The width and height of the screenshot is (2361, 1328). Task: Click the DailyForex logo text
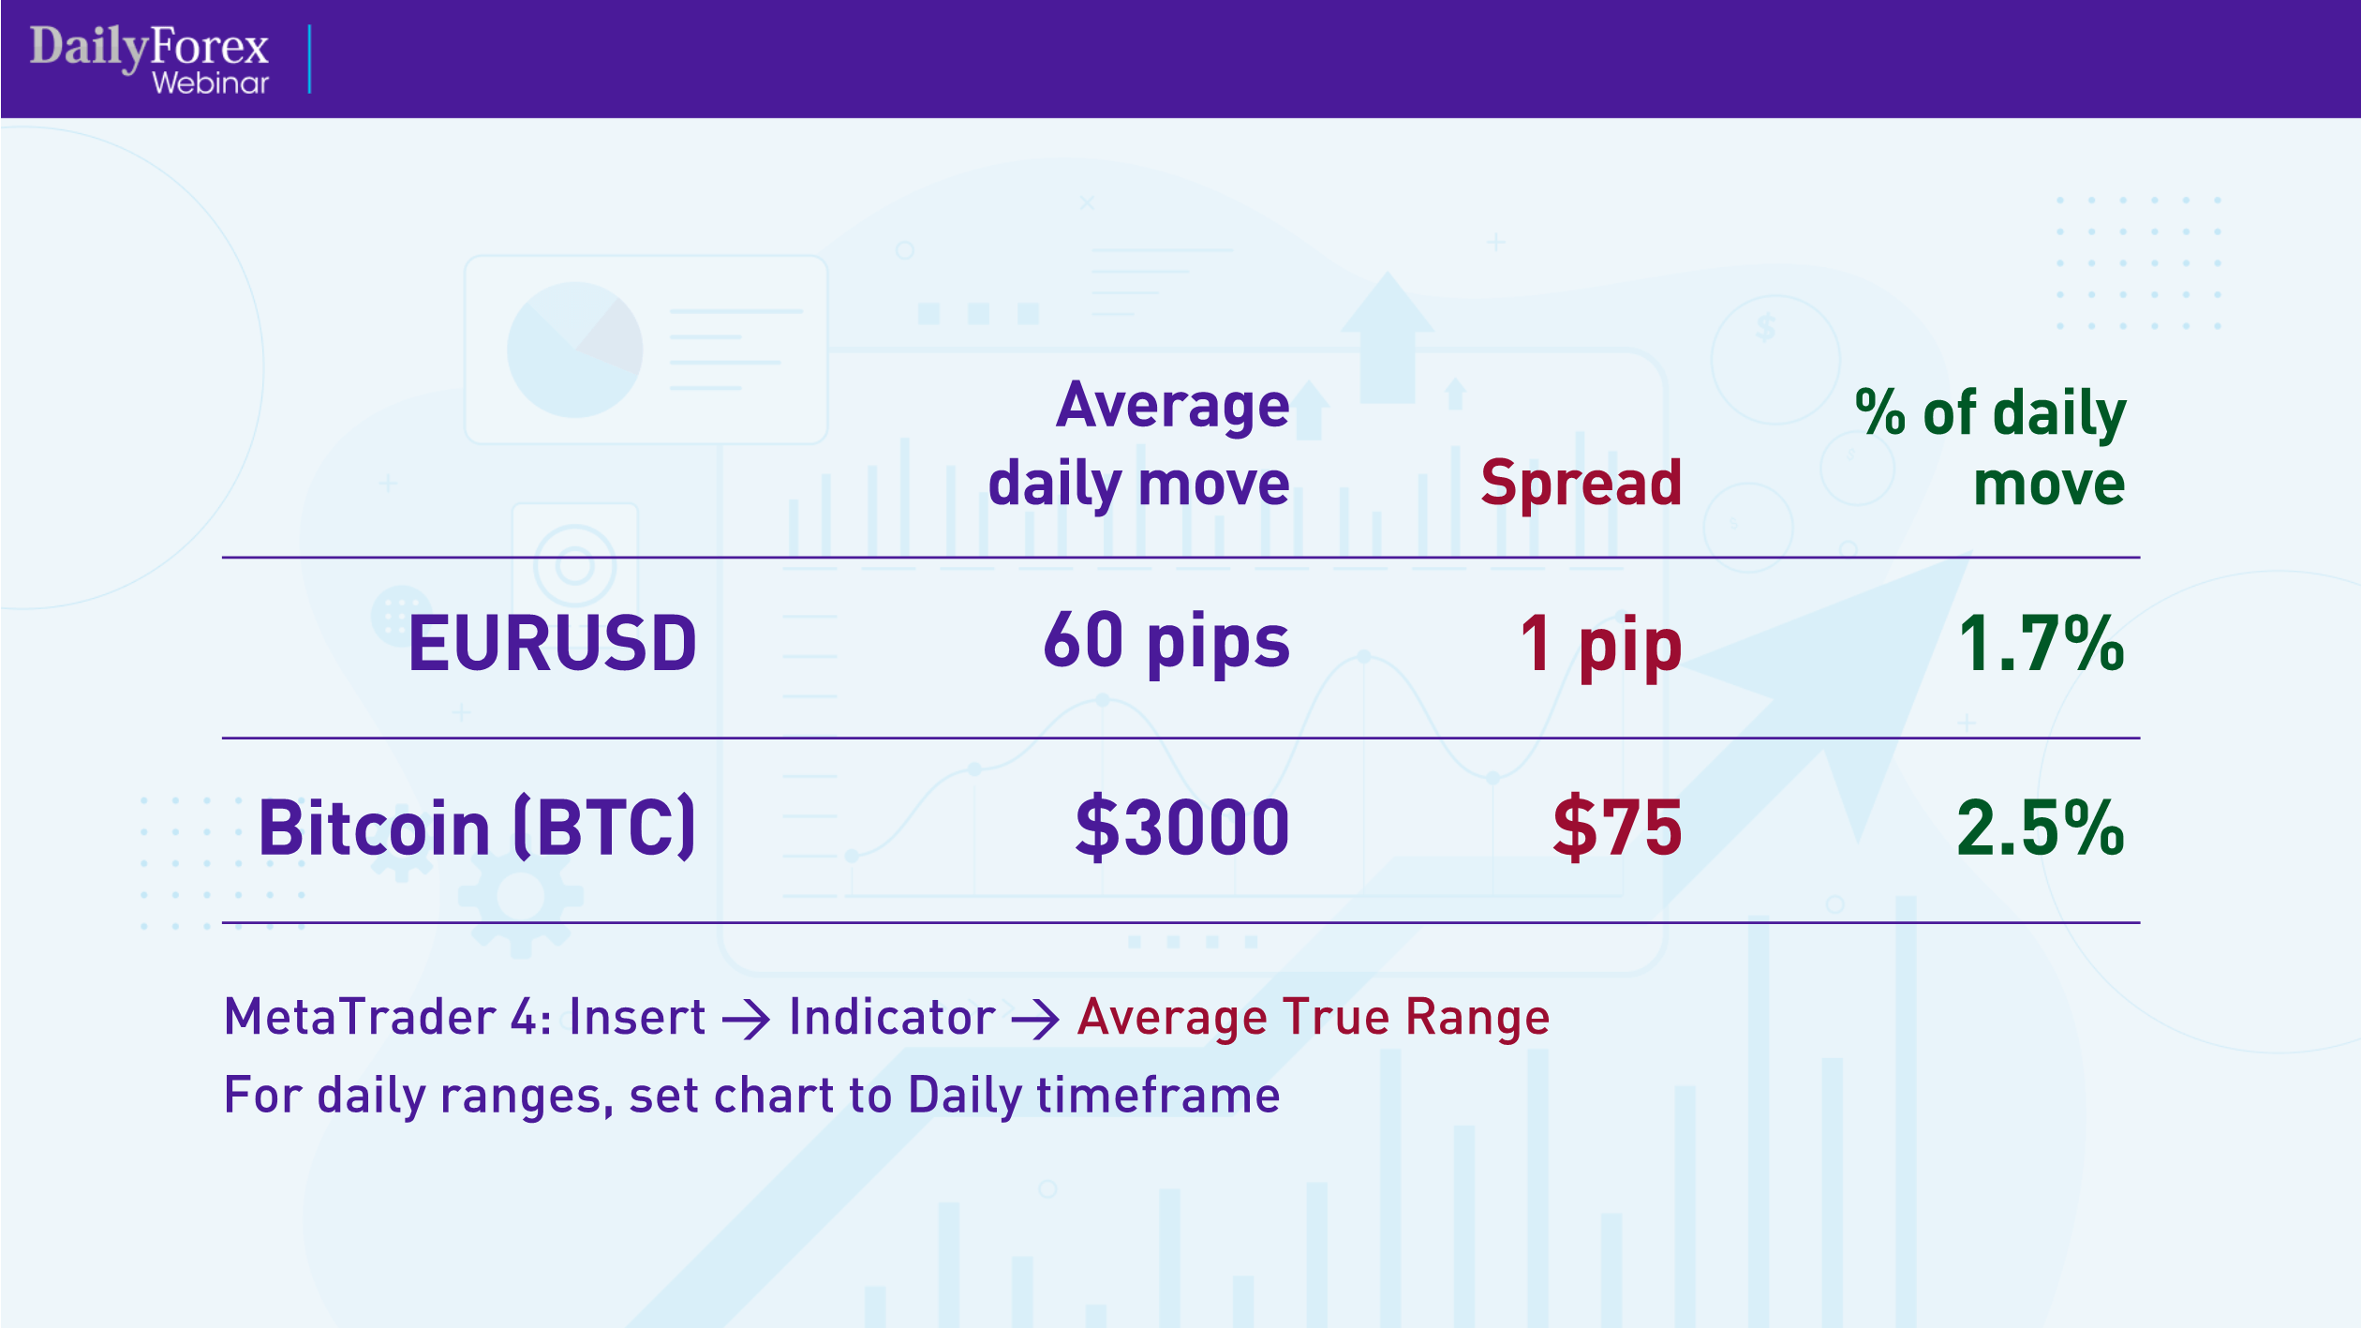pyautogui.click(x=149, y=47)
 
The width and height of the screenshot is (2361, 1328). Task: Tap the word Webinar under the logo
pyautogui.click(x=210, y=83)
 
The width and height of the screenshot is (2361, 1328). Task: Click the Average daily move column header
pyautogui.click(x=1139, y=444)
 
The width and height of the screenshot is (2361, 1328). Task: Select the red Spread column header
pyautogui.click(x=1581, y=484)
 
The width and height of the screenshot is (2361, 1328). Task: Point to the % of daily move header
pyautogui.click(x=1990, y=447)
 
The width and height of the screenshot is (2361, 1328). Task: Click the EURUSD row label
pyautogui.click(x=552, y=644)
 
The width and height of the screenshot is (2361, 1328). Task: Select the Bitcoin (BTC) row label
pyautogui.click(x=477, y=828)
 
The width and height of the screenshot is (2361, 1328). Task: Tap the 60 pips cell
pyautogui.click(x=1166, y=642)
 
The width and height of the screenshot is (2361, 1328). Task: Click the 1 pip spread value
pyautogui.click(x=1601, y=645)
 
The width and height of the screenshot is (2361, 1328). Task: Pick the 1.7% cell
pyautogui.click(x=2041, y=644)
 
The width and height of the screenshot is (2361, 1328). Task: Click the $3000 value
pyautogui.click(x=1182, y=828)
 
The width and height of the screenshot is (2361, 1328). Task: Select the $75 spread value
pyautogui.click(x=1617, y=828)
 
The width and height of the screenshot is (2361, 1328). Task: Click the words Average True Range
pyautogui.click(x=1314, y=1018)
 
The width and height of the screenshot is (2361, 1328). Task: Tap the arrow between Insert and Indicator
pyautogui.click(x=747, y=1020)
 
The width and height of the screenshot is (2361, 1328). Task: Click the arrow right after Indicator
pyautogui.click(x=1035, y=1020)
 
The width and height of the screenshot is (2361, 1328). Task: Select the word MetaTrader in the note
pyautogui.click(x=360, y=1018)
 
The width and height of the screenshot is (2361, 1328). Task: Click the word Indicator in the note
pyautogui.click(x=892, y=1018)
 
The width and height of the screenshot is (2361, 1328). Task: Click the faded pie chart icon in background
pyautogui.click(x=574, y=350)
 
